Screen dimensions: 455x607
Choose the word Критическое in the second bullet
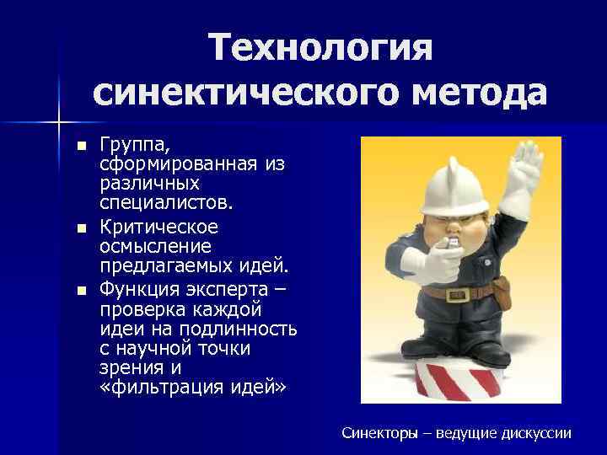(158, 227)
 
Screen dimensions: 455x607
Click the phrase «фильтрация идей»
(194, 388)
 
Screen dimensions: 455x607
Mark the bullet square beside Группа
(81, 146)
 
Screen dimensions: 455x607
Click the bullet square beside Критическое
(81, 228)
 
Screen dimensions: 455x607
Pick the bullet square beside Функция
(81, 291)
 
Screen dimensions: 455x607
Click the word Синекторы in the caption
(380, 433)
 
